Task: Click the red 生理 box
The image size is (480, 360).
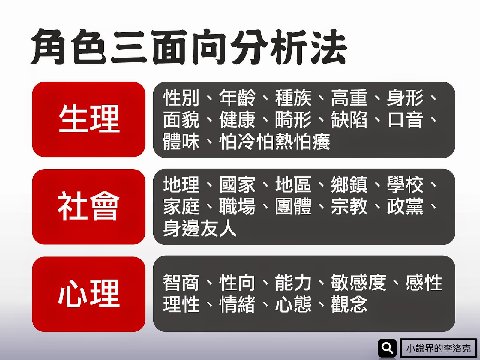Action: (89, 119)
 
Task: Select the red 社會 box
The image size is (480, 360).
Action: (89, 207)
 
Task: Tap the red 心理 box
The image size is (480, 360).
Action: (89, 294)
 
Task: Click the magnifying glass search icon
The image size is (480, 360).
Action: (387, 348)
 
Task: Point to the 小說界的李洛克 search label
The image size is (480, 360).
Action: (438, 348)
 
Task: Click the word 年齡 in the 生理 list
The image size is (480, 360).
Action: (237, 98)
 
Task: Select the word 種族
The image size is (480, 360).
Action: (293, 98)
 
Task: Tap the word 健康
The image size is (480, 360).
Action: (237, 120)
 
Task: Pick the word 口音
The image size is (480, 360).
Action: (405, 120)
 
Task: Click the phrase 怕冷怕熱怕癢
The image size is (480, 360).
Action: (275, 142)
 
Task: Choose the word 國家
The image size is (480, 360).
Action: (237, 184)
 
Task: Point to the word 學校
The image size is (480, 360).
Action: (405, 184)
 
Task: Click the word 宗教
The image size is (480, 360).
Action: (349, 206)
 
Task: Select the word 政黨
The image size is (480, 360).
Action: (405, 206)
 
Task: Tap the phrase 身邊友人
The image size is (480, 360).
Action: (200, 228)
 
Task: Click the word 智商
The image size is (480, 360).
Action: (181, 283)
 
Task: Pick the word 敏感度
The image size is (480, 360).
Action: (358, 283)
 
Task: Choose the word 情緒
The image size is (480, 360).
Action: (237, 304)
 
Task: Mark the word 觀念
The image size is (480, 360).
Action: (349, 304)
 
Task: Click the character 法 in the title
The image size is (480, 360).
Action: (328, 47)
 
